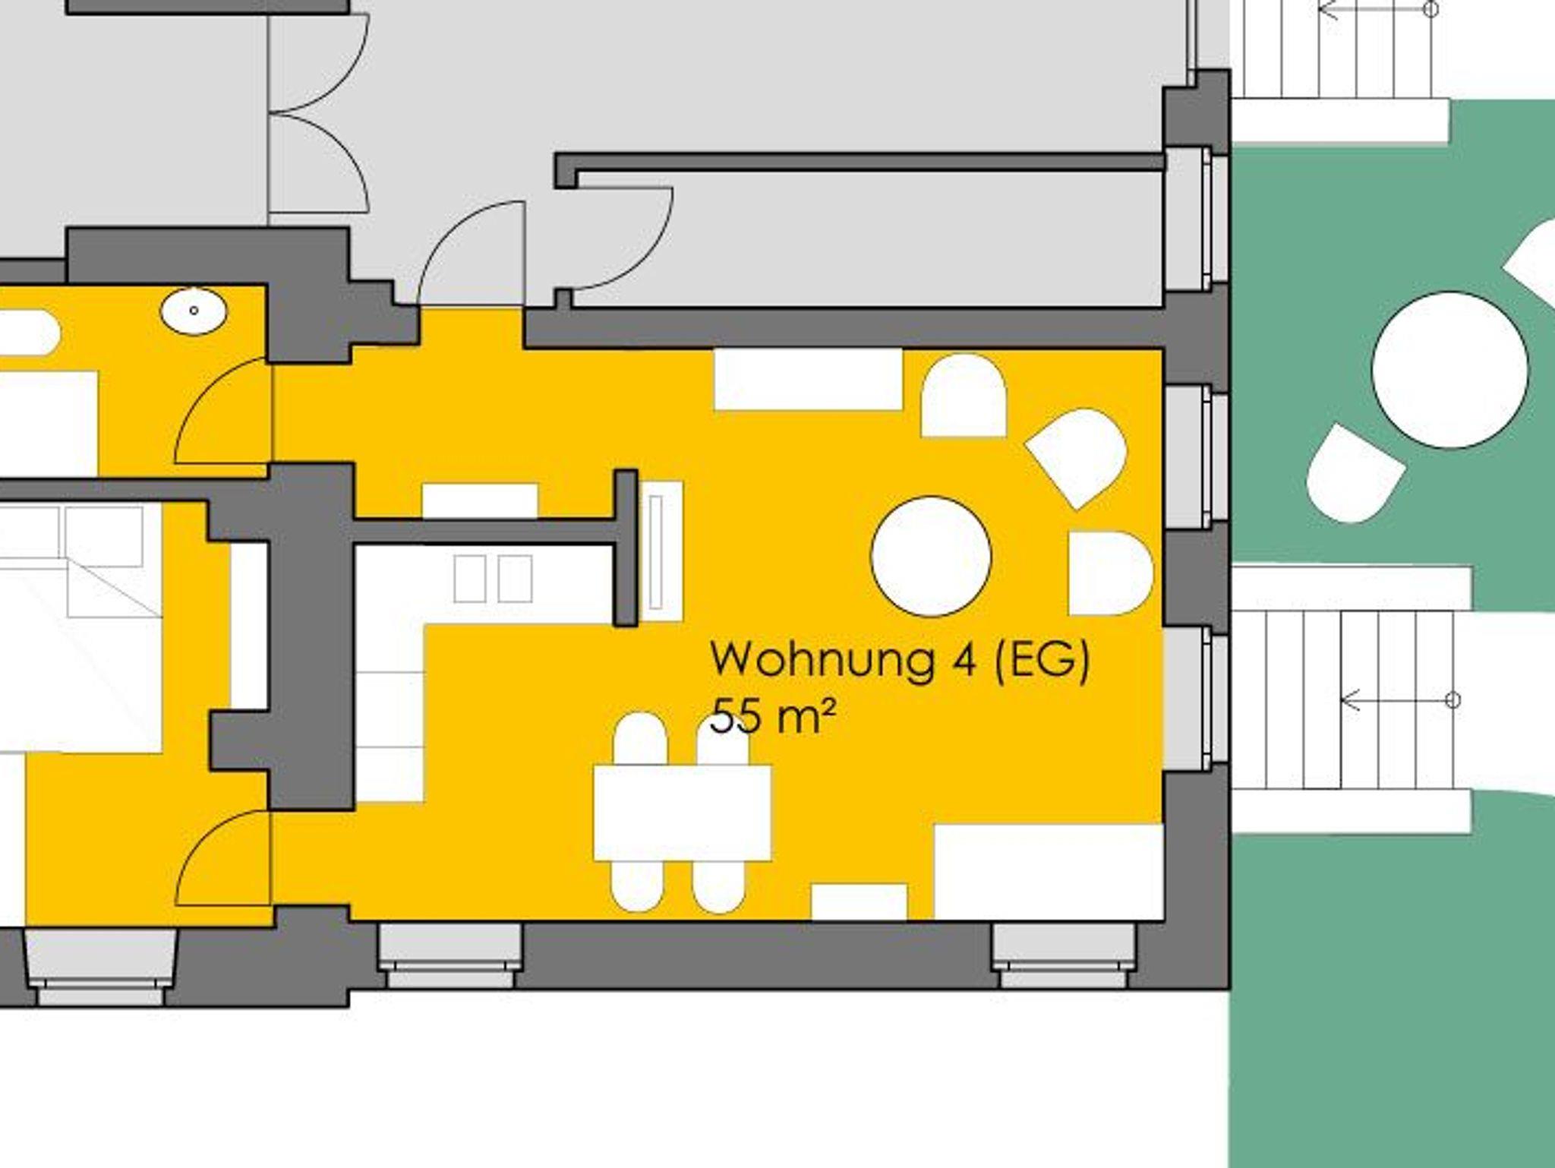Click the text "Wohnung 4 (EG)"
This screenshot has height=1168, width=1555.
click(900, 659)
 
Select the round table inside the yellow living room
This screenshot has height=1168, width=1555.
click(931, 556)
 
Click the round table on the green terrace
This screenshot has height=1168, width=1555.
click(1450, 370)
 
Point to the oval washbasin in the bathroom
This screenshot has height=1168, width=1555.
click(194, 311)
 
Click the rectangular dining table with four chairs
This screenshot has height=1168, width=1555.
click(682, 813)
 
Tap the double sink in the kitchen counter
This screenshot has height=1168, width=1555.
click(494, 579)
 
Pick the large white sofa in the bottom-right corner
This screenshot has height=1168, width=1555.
click(1049, 872)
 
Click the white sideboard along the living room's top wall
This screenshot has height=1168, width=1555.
click(809, 379)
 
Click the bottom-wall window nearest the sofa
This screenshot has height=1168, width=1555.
click(1066, 955)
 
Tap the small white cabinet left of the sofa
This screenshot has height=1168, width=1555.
click(860, 901)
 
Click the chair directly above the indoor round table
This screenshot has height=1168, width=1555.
click(964, 396)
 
